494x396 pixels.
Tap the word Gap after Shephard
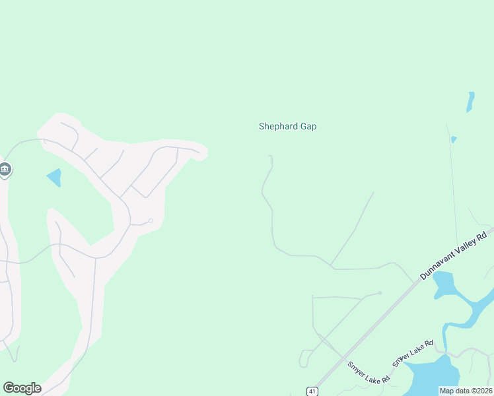(x=308, y=126)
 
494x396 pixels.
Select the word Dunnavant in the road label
(x=441, y=263)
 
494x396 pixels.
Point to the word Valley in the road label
(x=470, y=244)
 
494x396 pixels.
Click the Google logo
(x=22, y=388)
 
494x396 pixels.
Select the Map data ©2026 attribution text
(x=466, y=391)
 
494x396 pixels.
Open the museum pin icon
(x=5, y=170)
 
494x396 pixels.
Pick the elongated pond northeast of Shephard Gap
(x=470, y=102)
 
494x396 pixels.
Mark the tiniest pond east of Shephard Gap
(x=454, y=139)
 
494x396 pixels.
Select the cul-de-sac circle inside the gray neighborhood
(x=151, y=220)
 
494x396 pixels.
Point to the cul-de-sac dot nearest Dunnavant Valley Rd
(x=380, y=293)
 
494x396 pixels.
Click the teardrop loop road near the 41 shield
(x=303, y=359)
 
